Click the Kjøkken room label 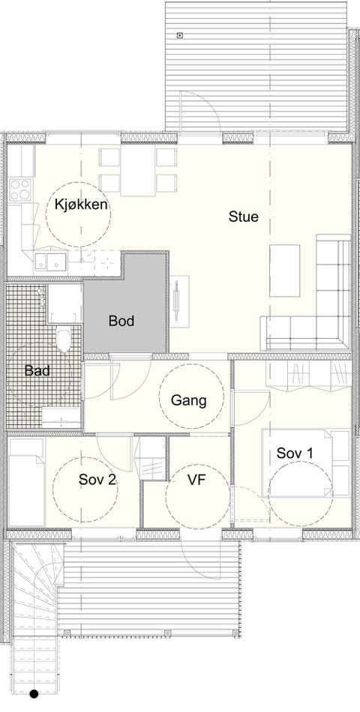[x=78, y=204]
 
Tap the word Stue [x=244, y=217]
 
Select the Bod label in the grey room [x=121, y=322]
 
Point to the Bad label [x=37, y=370]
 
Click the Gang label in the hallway [x=188, y=400]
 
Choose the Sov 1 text [x=295, y=453]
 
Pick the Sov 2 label [x=97, y=480]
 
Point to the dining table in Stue [x=138, y=170]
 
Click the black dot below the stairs [x=34, y=695]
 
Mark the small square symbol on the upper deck [x=180, y=35]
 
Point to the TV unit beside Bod [x=179, y=301]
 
